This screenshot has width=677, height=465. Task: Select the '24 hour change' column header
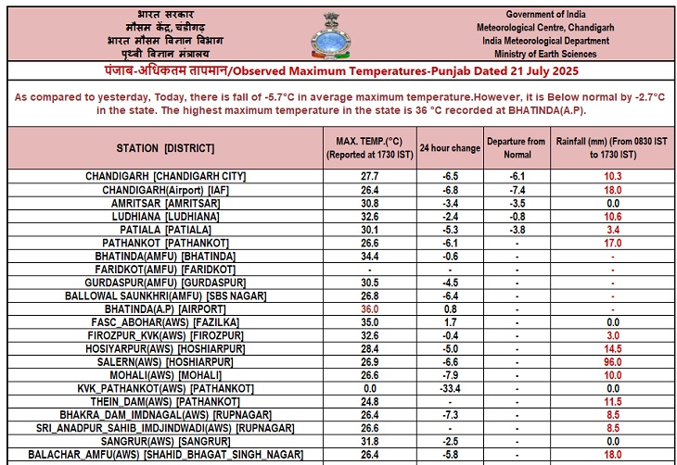(x=450, y=148)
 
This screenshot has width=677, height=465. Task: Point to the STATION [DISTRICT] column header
(x=165, y=148)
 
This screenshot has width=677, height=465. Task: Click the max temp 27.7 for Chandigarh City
(x=370, y=176)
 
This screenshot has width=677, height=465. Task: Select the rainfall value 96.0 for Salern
(x=611, y=362)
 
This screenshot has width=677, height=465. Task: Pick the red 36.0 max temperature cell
(x=370, y=308)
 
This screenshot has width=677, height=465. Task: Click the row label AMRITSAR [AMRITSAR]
(x=165, y=203)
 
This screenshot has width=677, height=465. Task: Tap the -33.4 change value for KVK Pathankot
(x=450, y=388)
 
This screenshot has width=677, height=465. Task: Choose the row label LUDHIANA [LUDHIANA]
(x=165, y=216)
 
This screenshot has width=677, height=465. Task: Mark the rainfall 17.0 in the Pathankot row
(x=611, y=243)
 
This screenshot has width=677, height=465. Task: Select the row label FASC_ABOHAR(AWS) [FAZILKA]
(x=165, y=322)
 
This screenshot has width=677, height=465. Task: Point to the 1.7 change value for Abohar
(x=450, y=322)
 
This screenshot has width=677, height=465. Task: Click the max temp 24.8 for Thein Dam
(x=370, y=402)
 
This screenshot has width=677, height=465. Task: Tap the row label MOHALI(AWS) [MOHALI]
(x=165, y=375)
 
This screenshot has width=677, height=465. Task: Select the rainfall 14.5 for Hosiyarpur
(x=611, y=348)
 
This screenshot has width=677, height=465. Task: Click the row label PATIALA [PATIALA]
(x=165, y=229)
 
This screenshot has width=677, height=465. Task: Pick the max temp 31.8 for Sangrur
(x=370, y=442)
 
